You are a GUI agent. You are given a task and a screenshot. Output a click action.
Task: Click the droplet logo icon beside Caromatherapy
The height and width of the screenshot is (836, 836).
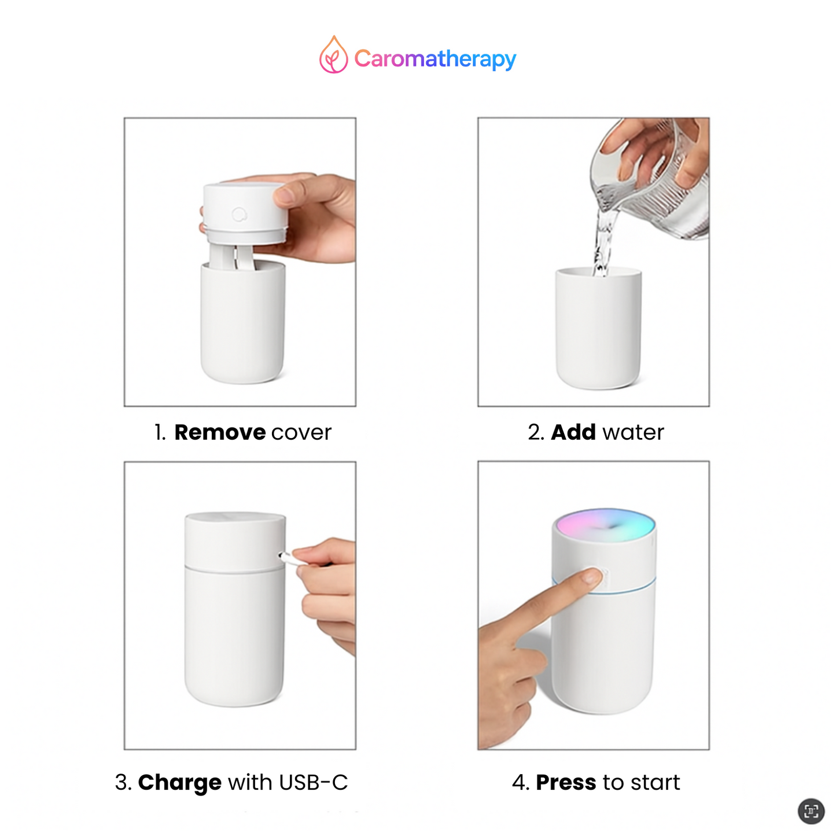[x=333, y=56]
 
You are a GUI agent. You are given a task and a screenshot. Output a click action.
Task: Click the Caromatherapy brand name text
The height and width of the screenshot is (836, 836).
[x=435, y=58]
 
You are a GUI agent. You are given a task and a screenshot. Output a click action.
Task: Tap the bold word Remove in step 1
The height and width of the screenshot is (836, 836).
[x=220, y=432]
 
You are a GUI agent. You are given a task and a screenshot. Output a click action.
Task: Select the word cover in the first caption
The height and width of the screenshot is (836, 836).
[x=301, y=433]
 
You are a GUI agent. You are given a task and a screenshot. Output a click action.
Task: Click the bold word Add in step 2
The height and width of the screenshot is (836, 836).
[x=573, y=432]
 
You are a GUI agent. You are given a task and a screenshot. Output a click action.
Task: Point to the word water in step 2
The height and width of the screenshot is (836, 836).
[x=634, y=433]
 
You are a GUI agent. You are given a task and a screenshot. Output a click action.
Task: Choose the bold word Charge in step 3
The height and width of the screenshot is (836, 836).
[x=180, y=782]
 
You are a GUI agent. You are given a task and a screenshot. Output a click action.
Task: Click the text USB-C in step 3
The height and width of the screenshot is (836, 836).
[x=314, y=782]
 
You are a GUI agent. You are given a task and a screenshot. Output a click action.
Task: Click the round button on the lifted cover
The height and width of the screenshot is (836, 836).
[x=239, y=215]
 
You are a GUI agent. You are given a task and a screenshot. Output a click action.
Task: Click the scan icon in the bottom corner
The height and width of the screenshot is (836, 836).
[x=811, y=811]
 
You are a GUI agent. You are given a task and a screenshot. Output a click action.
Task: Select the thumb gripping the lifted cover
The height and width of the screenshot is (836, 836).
[x=286, y=194]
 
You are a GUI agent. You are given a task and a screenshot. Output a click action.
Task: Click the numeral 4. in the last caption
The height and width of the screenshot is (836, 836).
[x=521, y=782]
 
